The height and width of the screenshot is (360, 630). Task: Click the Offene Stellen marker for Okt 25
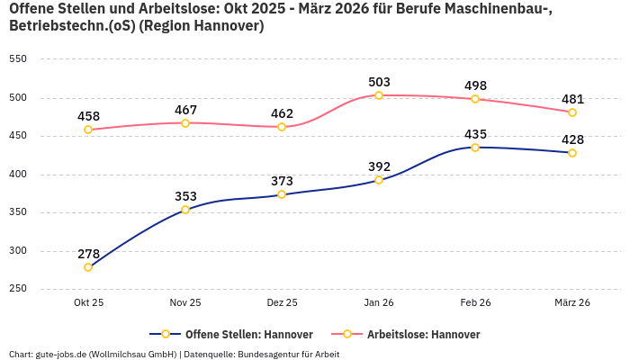pos(88,267)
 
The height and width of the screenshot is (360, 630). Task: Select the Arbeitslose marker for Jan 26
pos(379,95)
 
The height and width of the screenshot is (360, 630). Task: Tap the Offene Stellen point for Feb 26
pos(475,147)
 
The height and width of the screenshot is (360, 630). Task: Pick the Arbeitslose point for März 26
pos(572,112)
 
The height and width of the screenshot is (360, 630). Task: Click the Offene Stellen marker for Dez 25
pos(282,194)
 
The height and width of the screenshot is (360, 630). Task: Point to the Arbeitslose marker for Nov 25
pos(185,123)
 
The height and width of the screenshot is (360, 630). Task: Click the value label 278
pos(88,254)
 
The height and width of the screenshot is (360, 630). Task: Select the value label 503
pos(379,82)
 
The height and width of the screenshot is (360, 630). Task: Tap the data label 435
pos(475,134)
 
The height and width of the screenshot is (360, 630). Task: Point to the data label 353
pos(185,196)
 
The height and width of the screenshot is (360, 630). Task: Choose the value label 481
pos(572,99)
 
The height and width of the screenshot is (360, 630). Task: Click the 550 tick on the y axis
pos(18,59)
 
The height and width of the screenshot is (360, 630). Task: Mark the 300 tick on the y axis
pos(18,251)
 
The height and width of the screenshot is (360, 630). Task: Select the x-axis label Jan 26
pos(379,303)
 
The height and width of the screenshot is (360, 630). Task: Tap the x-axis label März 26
pos(572,303)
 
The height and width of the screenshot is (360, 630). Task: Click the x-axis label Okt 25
pos(88,303)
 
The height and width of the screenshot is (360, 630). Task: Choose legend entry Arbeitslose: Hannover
pos(422,335)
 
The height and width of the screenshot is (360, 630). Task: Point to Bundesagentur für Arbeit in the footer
pos(287,355)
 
